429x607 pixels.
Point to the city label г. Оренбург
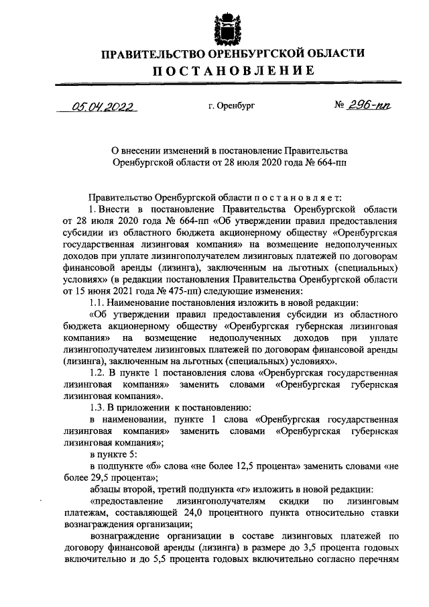click(232, 107)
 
